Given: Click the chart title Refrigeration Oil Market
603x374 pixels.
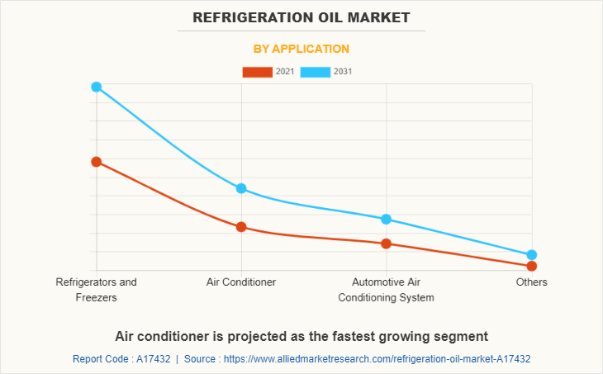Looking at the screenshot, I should click(301, 17).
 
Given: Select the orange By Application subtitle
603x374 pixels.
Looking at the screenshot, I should click(301, 49).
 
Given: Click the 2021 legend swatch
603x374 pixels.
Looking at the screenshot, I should click(257, 72).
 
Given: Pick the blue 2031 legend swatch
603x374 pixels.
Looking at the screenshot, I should click(315, 72).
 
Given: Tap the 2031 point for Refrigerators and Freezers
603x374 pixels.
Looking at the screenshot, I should click(97, 87).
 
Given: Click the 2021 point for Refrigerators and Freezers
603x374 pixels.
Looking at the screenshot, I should click(97, 162).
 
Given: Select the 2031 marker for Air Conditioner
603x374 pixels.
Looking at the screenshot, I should click(241, 188).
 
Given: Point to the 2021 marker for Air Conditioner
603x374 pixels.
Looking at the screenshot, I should click(241, 227).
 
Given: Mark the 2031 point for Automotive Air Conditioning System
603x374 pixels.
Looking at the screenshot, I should click(386, 219).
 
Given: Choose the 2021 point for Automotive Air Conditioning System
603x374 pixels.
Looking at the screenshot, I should click(386, 244).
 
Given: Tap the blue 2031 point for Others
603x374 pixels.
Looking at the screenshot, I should click(532, 255).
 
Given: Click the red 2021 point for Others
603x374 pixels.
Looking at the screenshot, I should click(532, 266).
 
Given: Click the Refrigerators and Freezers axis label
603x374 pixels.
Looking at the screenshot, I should click(97, 289).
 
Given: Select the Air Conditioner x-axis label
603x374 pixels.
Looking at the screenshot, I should click(241, 282).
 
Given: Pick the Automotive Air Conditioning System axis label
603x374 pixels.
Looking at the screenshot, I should click(386, 289).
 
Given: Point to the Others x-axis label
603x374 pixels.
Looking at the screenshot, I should click(532, 282).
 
